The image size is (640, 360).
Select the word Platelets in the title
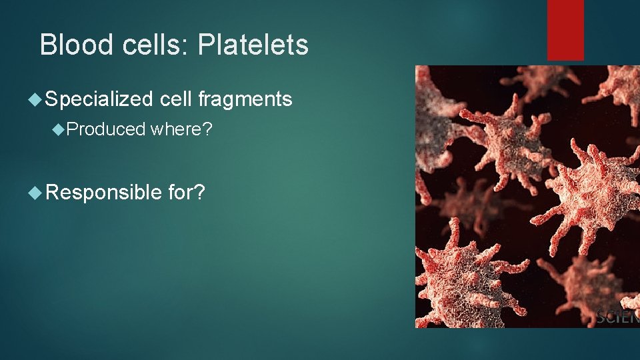[x=253, y=45]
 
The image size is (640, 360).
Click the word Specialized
[x=99, y=100]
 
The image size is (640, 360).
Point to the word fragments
[x=245, y=100]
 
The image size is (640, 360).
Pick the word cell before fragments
[x=176, y=100]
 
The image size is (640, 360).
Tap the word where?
[x=181, y=129]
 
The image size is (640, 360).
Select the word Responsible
[x=104, y=193]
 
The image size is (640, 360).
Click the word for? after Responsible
[x=187, y=193]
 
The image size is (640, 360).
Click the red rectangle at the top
[x=565, y=29]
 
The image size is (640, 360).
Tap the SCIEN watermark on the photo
[x=617, y=317]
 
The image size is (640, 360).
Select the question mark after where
[x=207, y=129]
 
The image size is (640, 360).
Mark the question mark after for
[x=200, y=193]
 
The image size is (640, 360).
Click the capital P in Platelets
[x=206, y=45]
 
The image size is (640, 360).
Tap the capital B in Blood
[x=47, y=45]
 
